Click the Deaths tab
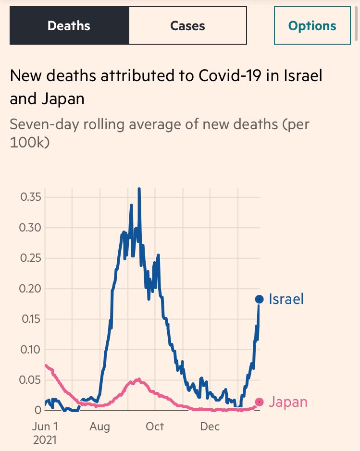(69, 25)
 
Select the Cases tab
(187, 25)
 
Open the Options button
(312, 25)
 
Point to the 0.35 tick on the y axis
(30, 197)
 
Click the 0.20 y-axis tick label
(30, 289)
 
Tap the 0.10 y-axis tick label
(30, 350)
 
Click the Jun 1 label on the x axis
(45, 426)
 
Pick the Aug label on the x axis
(99, 426)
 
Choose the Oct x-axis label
(155, 426)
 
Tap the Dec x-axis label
(210, 426)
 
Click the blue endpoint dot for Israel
(259, 299)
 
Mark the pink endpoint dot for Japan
(259, 402)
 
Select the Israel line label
(286, 299)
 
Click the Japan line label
(288, 402)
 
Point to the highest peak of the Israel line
(139, 189)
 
